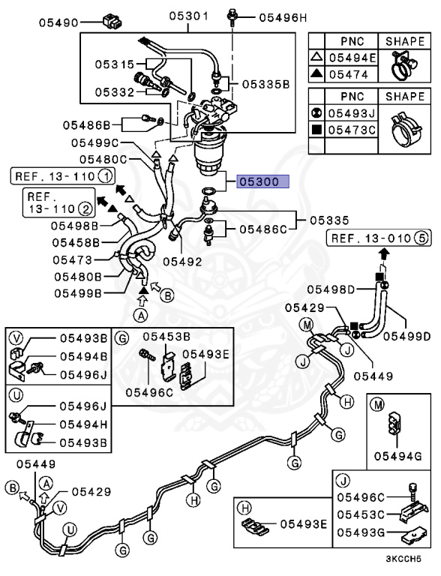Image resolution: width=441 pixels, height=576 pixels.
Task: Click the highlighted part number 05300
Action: (259, 181)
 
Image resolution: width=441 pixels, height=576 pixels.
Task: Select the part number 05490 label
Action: (59, 22)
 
